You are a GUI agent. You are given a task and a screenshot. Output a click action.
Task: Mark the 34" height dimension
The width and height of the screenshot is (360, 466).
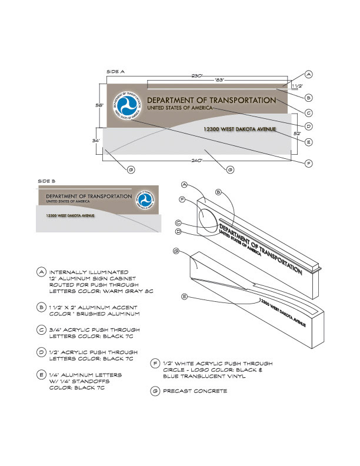coord(96,141)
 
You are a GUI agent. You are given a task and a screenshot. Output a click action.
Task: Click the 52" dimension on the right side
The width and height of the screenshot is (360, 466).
coord(297,134)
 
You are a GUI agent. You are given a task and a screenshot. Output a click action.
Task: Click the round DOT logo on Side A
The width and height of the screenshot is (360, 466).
coord(128,105)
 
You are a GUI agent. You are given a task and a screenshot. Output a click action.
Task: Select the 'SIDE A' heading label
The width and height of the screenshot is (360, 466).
coord(115,71)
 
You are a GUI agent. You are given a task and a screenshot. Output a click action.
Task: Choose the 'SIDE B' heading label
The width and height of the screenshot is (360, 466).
coord(46,181)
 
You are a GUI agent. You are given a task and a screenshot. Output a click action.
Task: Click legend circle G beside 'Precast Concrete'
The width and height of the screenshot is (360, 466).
coord(155,391)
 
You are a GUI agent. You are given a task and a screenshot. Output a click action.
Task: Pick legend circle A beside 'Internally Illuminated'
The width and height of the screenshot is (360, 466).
coord(41,272)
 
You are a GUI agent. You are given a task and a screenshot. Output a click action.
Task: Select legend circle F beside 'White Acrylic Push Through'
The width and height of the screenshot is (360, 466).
coord(155,364)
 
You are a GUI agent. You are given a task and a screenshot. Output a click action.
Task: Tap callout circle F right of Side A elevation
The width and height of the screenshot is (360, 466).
coord(308,163)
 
